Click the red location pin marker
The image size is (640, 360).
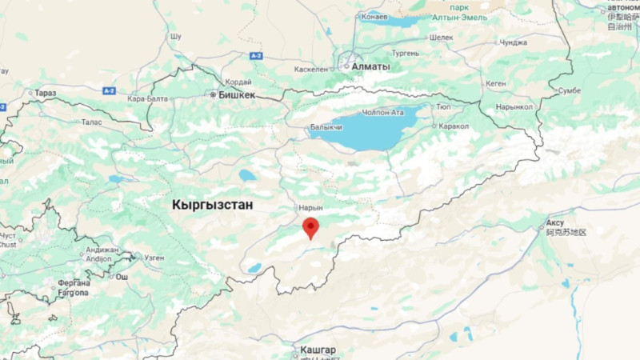point(311,227)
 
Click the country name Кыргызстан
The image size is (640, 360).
point(212,205)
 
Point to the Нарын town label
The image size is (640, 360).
point(310,207)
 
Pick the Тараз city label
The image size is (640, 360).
point(46,94)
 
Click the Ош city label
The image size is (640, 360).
point(122,277)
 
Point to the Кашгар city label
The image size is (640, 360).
point(318,350)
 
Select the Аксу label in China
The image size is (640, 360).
point(554,222)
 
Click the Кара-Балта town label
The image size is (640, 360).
point(146,98)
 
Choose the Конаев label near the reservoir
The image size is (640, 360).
point(374,16)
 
